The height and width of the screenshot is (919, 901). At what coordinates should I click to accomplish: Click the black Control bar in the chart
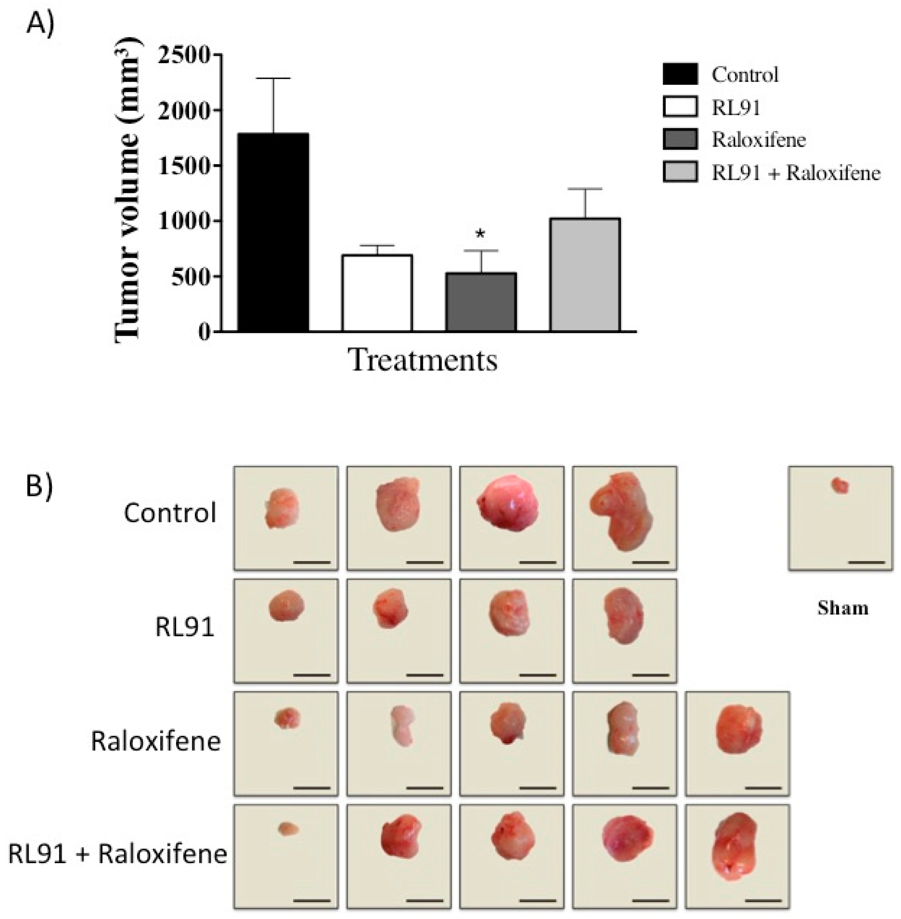coord(273,232)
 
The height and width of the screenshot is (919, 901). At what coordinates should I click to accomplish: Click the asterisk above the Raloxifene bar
coord(480,234)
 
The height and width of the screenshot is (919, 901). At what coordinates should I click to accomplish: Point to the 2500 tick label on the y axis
coord(185,55)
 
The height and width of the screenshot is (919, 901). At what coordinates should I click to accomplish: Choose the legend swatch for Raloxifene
coord(680,140)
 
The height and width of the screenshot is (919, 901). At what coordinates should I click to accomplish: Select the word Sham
coord(843,608)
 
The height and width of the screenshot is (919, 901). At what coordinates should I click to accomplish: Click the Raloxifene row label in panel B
coord(156,741)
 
